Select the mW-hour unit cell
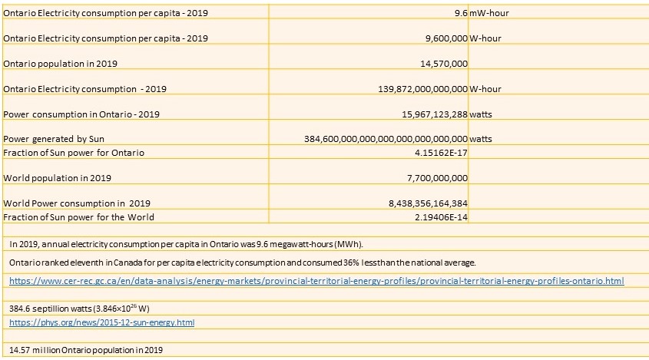pyautogui.click(x=488, y=13)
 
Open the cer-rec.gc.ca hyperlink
pyautogui.click(x=316, y=282)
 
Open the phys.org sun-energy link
pyautogui.click(x=102, y=322)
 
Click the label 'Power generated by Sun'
pyautogui.click(x=54, y=139)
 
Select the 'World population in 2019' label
pyautogui.click(x=58, y=178)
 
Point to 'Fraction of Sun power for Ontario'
pyautogui.click(x=74, y=152)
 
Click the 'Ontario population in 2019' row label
pyautogui.click(x=61, y=63)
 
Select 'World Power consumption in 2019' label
pyautogui.click(x=77, y=203)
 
